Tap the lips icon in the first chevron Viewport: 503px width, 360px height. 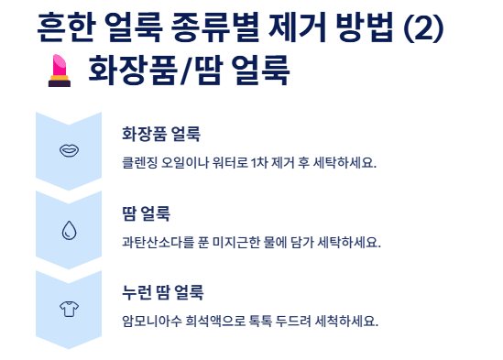click(x=68, y=148)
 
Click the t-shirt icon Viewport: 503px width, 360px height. click(x=68, y=309)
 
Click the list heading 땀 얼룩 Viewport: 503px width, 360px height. click(x=146, y=214)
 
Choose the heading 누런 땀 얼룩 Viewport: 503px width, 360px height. click(x=162, y=294)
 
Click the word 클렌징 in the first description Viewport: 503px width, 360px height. click(x=139, y=163)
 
